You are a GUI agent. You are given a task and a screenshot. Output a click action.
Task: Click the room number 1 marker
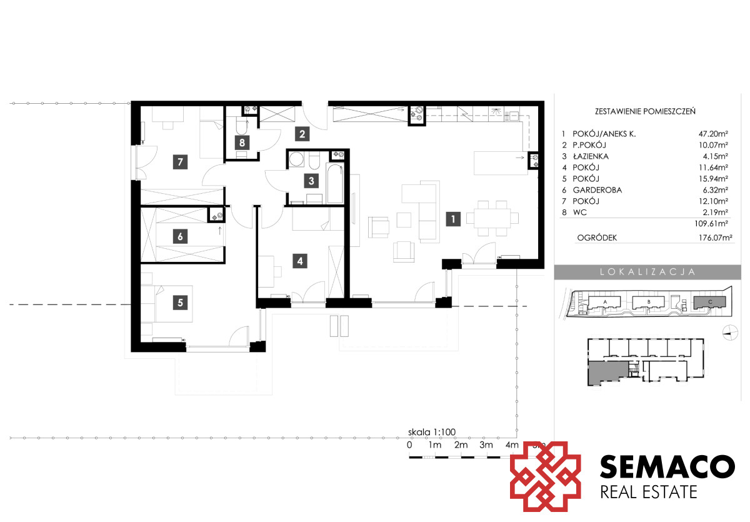[x=453, y=219]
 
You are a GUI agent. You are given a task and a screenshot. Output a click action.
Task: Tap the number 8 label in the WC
[x=242, y=143]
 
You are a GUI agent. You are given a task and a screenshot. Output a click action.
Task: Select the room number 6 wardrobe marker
[x=180, y=236]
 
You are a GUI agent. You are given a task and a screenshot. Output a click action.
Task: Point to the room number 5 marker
[x=180, y=303]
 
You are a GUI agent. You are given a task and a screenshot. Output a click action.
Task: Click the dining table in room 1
[x=492, y=218]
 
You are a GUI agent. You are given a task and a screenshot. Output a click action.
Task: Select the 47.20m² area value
[x=713, y=134]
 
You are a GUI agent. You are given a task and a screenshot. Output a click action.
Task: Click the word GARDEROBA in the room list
[x=597, y=190]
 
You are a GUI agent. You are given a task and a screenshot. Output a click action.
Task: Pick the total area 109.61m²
[x=711, y=223]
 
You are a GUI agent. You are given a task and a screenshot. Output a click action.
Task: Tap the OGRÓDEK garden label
[x=597, y=238]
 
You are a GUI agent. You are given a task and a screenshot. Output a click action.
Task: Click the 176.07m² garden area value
[x=715, y=238]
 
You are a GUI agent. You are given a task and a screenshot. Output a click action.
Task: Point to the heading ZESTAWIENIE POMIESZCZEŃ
[x=645, y=111]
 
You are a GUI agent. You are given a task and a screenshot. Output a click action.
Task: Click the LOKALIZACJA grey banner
[x=647, y=272]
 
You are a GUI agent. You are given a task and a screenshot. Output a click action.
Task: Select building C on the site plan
[x=709, y=303]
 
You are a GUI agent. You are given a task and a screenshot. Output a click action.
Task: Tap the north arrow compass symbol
[x=730, y=333]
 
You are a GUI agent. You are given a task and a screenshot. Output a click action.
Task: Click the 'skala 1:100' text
[x=432, y=432]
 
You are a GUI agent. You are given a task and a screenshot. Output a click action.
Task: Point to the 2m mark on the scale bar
[x=461, y=445]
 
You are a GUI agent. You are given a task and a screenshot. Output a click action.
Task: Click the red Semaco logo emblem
[x=545, y=477]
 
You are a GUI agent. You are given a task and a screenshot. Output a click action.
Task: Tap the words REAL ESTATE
[x=649, y=492]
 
